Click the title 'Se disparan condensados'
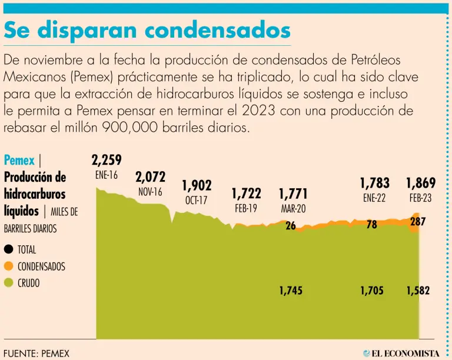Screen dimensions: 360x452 pos(147,31)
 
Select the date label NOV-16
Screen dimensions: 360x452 pos(150,192)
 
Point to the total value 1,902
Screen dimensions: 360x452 pos(197,186)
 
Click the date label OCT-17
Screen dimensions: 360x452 pos(197,200)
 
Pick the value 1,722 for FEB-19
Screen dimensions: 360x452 pos(246,194)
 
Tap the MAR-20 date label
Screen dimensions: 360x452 pos(293,208)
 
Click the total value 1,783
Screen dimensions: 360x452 pos(375,183)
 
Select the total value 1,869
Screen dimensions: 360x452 pos(421,183)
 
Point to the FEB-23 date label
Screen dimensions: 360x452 pos(421,198)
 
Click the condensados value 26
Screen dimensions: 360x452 pos(291,225)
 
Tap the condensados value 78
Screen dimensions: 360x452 pos(372,225)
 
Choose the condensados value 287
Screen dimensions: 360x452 pos(417,222)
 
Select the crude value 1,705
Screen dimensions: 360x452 pos(373,290)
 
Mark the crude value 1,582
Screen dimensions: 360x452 pos(418,290)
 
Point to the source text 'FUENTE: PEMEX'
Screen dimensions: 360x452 pos(36,353)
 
